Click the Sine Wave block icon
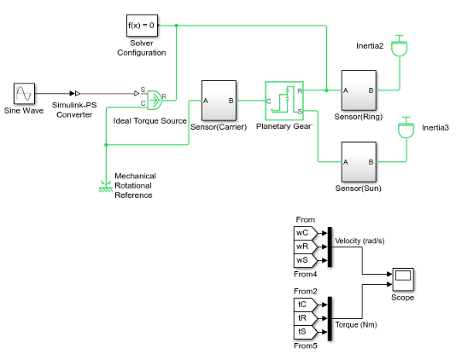pyautogui.click(x=25, y=94)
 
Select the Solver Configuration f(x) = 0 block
pyautogui.click(x=142, y=26)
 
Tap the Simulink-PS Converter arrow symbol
pyautogui.click(x=75, y=93)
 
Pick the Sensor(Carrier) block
pyautogui.click(x=219, y=101)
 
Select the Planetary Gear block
pyautogui.click(x=284, y=101)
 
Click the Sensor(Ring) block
pyautogui.click(x=359, y=90)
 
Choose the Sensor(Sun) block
pyautogui.click(x=359, y=162)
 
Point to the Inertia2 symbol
pyautogui.click(x=400, y=45)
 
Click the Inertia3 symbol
pyautogui.click(x=406, y=128)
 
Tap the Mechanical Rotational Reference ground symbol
pyautogui.click(x=106, y=187)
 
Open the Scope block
pyautogui.click(x=403, y=279)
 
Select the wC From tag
pyautogui.click(x=305, y=233)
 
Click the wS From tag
pyautogui.click(x=305, y=260)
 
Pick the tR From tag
pyautogui.click(x=305, y=318)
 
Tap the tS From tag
pyautogui.click(x=305, y=332)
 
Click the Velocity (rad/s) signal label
pyautogui.click(x=360, y=241)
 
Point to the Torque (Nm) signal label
pyautogui.click(x=356, y=324)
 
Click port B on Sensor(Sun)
pyautogui.click(x=371, y=162)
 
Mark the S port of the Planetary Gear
pyautogui.click(x=300, y=111)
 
